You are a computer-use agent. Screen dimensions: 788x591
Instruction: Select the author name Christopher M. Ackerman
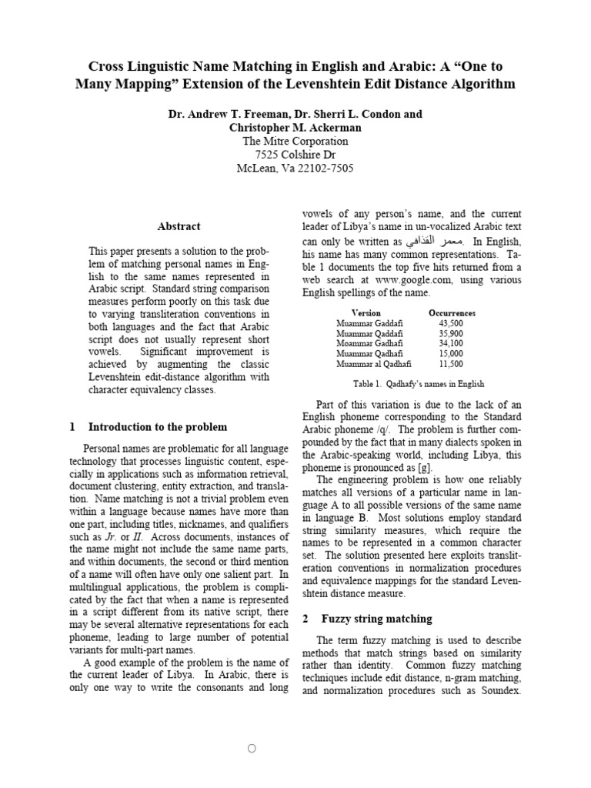click(295, 128)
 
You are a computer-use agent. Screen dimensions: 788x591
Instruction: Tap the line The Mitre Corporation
click(295, 142)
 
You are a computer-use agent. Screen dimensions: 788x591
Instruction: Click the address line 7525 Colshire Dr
click(295, 155)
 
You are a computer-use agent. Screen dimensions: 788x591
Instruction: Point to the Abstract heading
click(179, 226)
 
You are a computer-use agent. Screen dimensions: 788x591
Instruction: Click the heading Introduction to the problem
click(158, 426)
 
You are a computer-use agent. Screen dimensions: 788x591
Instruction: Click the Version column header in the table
click(366, 313)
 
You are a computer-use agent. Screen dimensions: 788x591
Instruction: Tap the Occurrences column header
click(451, 313)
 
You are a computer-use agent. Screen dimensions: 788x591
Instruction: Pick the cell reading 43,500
click(450, 323)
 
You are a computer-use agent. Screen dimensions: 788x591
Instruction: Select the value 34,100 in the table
click(450, 344)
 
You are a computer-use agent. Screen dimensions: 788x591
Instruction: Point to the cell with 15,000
click(450, 354)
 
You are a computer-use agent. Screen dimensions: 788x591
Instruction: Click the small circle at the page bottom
click(295, 748)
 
